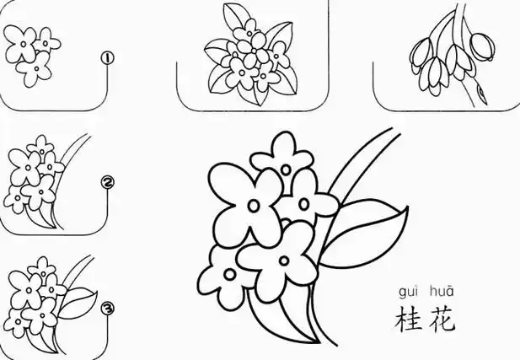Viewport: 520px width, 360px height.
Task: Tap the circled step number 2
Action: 107,182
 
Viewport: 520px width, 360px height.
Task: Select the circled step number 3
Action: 107,309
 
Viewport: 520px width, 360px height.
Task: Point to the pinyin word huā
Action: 442,292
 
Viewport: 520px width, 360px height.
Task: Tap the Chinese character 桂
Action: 408,320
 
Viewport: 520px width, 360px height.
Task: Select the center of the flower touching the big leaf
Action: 302,203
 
